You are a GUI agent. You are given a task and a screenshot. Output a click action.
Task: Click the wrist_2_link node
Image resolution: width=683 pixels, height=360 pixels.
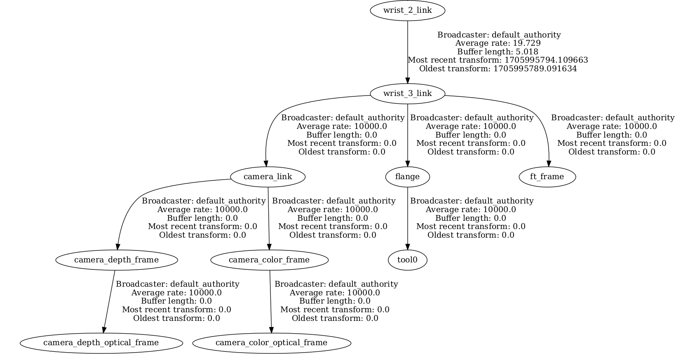407,10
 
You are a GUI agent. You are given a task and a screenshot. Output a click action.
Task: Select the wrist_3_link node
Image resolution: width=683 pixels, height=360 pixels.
407,94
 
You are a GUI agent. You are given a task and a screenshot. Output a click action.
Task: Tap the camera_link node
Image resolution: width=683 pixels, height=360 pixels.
268,177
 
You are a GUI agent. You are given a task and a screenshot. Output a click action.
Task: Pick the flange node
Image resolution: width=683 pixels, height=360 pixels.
407,177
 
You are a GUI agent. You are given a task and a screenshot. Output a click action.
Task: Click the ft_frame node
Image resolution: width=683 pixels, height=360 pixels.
547,177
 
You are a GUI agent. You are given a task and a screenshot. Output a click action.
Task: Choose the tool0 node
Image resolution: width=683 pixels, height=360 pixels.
407,260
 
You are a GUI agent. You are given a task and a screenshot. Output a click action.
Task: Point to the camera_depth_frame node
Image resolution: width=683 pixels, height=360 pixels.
116,260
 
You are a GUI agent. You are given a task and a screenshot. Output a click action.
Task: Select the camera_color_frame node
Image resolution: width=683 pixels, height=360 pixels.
269,260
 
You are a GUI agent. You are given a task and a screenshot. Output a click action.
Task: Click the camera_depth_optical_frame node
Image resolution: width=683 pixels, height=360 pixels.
101,343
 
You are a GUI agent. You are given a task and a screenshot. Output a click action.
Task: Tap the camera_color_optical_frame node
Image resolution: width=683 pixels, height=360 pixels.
271,343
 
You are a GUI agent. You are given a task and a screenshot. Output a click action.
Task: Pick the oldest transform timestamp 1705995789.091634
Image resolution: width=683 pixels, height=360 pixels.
535,69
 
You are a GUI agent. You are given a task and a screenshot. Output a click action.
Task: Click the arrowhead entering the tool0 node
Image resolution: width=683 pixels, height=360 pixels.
408,246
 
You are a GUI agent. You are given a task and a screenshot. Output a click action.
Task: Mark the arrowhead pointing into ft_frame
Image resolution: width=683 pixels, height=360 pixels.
549,163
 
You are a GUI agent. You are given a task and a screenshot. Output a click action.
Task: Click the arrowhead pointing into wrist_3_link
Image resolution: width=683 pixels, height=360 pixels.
408,80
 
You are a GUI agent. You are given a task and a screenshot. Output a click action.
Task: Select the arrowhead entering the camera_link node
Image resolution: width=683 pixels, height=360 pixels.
266,163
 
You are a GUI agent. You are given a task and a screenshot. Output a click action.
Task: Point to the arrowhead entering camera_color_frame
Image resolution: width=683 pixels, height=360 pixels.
269,246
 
